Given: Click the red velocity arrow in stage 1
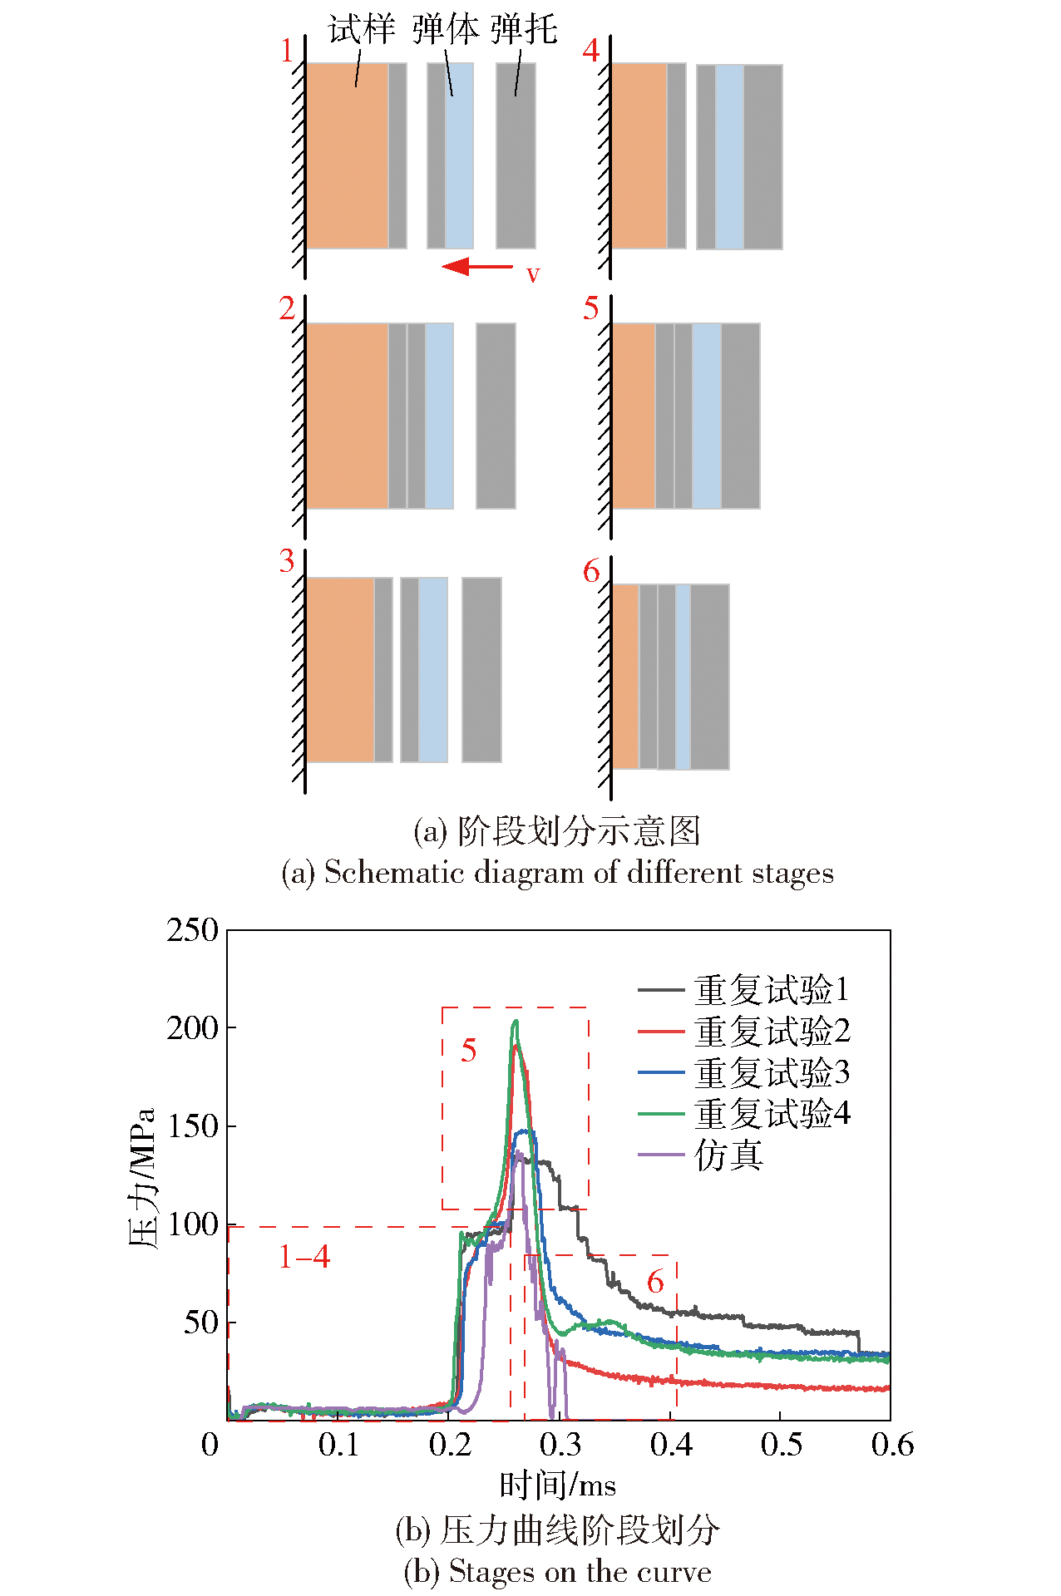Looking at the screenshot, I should tap(477, 267).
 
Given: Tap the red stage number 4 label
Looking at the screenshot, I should tap(590, 51).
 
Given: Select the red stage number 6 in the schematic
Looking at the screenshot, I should tap(590, 572).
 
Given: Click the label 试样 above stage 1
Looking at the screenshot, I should tap(362, 30).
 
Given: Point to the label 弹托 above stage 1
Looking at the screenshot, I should tap(524, 30).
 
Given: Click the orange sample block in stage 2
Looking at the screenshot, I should tap(347, 416).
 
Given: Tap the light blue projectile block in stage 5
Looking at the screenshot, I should tap(707, 416).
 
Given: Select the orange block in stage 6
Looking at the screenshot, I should tap(625, 676).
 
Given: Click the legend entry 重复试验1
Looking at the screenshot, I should tap(772, 990).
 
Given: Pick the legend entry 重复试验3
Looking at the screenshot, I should tap(772, 1072).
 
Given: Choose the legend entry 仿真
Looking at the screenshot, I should tap(728, 1155).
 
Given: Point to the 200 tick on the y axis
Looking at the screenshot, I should tap(192, 1028).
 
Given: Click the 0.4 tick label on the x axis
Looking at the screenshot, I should tap(671, 1446).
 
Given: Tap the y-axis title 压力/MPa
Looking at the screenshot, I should tap(143, 1178).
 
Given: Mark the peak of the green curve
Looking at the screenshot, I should tap(516, 1022).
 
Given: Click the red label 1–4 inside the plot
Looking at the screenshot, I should tap(303, 1257).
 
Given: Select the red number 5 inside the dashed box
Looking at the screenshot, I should tap(469, 1051).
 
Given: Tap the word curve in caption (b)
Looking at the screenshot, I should tap(681, 1572).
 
